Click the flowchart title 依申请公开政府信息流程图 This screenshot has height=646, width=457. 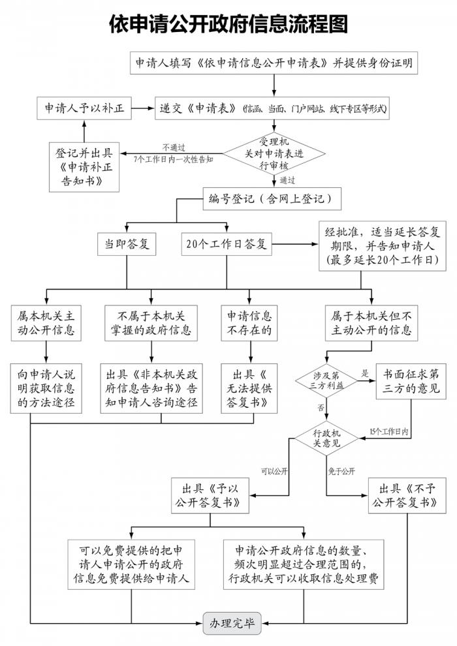click(228, 24)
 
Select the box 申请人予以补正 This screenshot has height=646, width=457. click(84, 109)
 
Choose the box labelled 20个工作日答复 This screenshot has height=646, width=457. click(226, 244)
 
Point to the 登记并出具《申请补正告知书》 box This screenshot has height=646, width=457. click(85, 166)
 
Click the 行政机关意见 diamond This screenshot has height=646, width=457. click(326, 438)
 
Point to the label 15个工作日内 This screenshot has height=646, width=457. click(388, 432)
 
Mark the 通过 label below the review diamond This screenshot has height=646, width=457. click(287, 179)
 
